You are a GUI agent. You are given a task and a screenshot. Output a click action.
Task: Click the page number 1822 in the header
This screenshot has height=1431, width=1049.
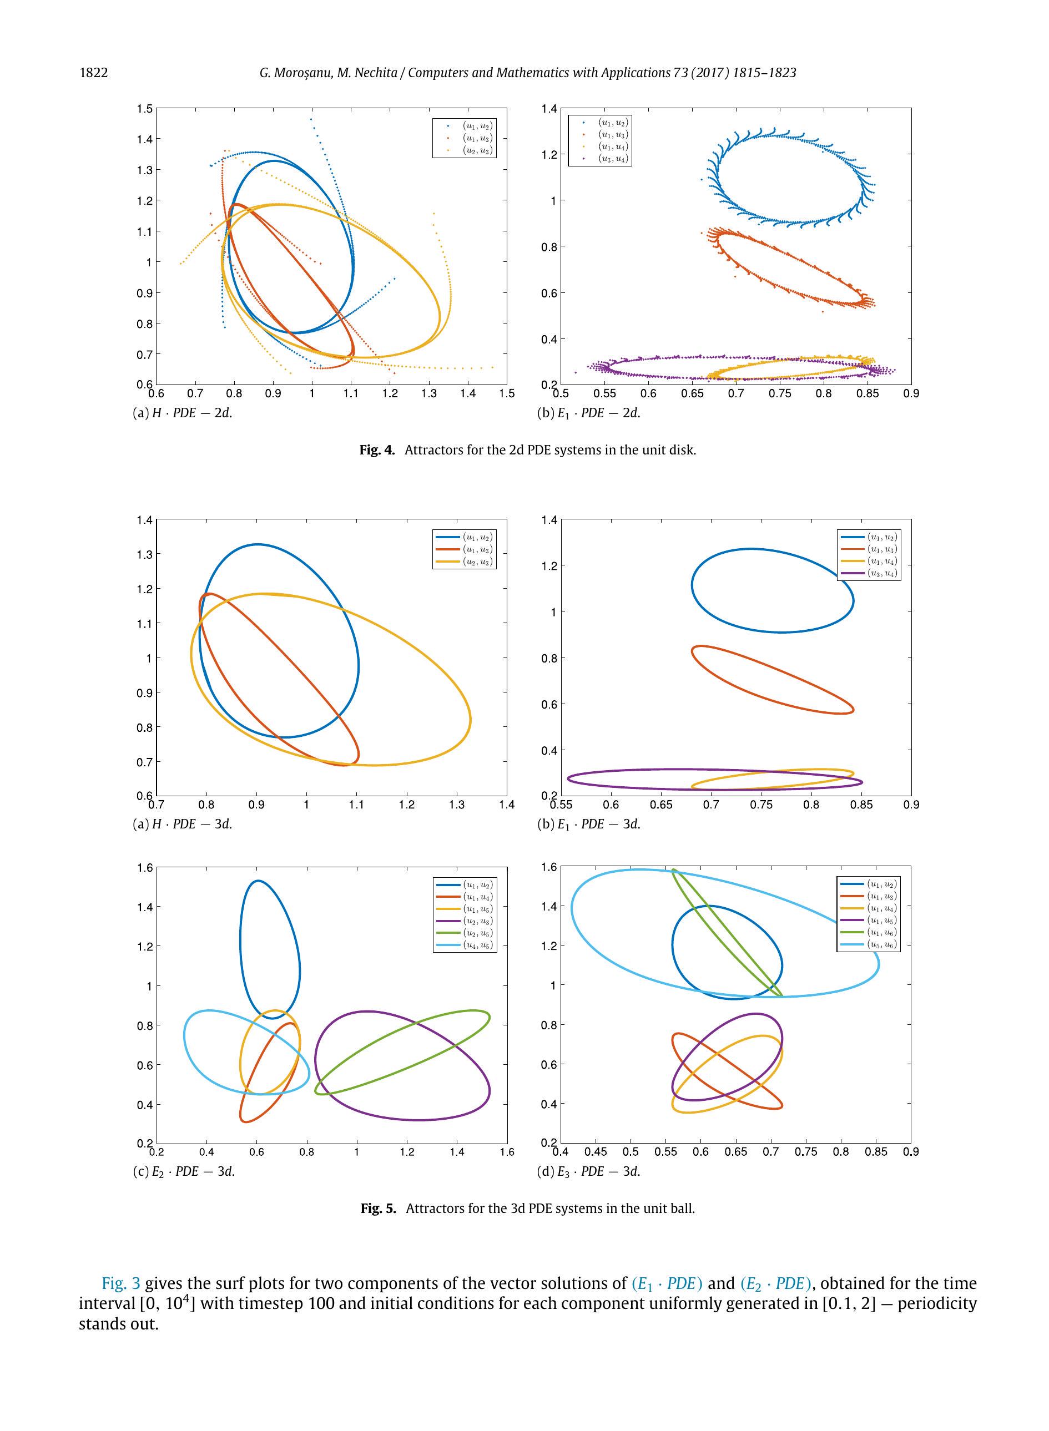(93, 73)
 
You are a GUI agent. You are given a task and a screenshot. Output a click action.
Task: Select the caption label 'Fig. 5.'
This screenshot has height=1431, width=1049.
(378, 1208)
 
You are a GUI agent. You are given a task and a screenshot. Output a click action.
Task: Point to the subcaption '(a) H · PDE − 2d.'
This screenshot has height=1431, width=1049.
(182, 413)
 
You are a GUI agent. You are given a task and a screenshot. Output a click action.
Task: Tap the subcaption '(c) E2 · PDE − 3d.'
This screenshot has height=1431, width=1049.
(184, 1171)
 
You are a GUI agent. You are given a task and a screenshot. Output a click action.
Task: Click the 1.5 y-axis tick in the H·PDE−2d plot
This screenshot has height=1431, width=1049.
(145, 109)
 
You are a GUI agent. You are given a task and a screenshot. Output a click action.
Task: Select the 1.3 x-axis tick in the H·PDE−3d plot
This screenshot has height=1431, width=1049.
(457, 805)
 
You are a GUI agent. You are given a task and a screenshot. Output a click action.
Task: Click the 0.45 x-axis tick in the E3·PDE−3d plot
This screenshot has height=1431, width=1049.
(595, 1152)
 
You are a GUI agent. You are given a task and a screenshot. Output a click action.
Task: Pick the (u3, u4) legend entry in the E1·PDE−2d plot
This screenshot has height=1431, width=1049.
(613, 159)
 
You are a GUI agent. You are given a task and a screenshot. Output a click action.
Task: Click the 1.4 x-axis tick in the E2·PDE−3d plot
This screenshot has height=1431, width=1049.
(457, 1152)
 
